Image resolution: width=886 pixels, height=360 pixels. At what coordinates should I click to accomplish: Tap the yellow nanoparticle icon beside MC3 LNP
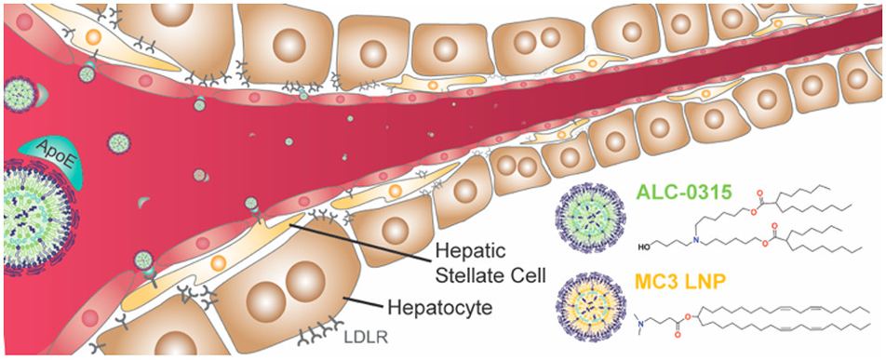point(593,298)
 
